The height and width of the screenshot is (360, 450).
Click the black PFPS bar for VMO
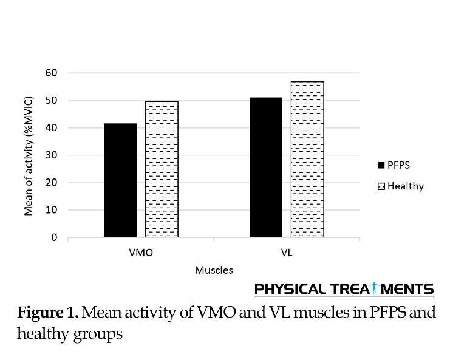click(120, 180)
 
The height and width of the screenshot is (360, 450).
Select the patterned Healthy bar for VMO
click(162, 169)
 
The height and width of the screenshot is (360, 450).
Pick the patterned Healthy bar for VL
click(307, 159)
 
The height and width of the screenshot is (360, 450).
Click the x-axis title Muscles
click(213, 270)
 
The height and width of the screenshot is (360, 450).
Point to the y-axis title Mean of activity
click(28, 155)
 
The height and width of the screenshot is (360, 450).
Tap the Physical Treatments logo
click(344, 288)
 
